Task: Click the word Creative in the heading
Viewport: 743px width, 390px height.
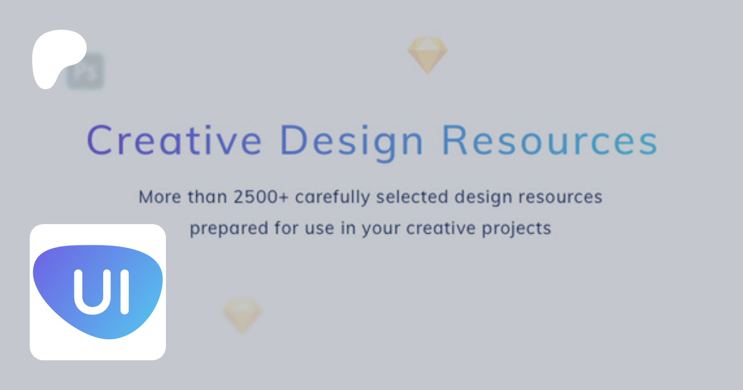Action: [174, 140]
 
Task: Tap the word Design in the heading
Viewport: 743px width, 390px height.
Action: [352, 143]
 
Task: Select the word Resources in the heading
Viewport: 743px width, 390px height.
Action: [549, 140]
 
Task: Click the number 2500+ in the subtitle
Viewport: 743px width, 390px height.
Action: [261, 197]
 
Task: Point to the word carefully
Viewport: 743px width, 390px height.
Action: [332, 197]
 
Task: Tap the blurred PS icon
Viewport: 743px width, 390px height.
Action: [85, 71]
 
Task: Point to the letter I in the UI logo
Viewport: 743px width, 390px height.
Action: [124, 292]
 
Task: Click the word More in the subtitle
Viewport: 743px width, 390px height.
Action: [160, 197]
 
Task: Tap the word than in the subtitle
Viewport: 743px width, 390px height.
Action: [207, 197]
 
